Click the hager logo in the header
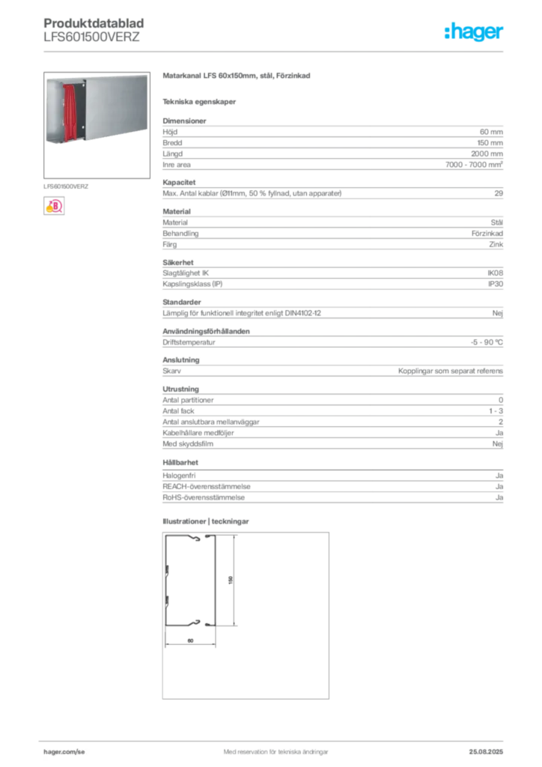[x=473, y=31]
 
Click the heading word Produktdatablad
[x=94, y=23]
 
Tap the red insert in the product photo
[x=70, y=112]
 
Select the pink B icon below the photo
[x=54, y=206]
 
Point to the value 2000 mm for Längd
[x=487, y=154]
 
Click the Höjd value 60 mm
[x=491, y=132]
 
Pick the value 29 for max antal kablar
[x=499, y=193]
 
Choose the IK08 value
[x=495, y=273]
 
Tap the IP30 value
[x=496, y=284]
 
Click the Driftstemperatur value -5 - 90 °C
[x=487, y=342]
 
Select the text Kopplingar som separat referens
[x=450, y=371]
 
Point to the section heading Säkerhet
[x=178, y=263]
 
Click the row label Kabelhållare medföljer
[x=198, y=433]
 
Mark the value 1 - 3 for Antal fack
[x=496, y=411]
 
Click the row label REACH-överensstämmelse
[x=206, y=487]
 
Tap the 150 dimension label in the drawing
[x=231, y=580]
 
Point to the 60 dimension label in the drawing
[x=191, y=640]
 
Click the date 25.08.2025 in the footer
[x=486, y=752]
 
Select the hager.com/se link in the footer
[x=64, y=752]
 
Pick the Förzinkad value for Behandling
[x=487, y=234]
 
